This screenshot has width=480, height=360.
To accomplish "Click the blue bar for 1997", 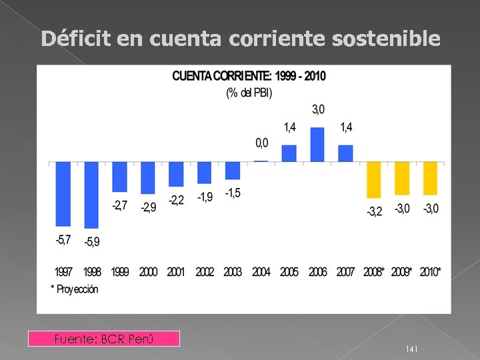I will [63, 194].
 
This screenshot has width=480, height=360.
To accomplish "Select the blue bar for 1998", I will [91, 195].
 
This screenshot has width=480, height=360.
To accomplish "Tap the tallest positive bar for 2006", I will [317, 145].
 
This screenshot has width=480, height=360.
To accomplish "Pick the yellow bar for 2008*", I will [374, 180].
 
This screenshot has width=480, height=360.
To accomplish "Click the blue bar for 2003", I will [233, 171].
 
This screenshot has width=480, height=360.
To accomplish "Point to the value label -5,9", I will [92, 242].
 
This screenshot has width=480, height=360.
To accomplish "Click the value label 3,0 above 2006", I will [318, 109].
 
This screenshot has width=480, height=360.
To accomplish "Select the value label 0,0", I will [262, 143].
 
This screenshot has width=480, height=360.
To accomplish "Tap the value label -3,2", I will [374, 212].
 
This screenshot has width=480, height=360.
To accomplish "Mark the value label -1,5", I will [233, 193].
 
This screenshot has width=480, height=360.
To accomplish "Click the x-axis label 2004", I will [261, 273].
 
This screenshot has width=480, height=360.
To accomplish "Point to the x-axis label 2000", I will [148, 273].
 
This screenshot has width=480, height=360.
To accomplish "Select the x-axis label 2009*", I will [402, 273].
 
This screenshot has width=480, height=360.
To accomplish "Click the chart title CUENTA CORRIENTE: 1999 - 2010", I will [249, 76].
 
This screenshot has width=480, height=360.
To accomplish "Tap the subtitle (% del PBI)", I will [249, 93].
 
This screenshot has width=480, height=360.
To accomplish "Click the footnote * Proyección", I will [74, 289].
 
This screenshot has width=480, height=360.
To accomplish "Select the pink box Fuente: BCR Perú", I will [104, 339].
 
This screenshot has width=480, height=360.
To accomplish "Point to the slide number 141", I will [411, 349].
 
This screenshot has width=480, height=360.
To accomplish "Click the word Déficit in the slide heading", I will [75, 39].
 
